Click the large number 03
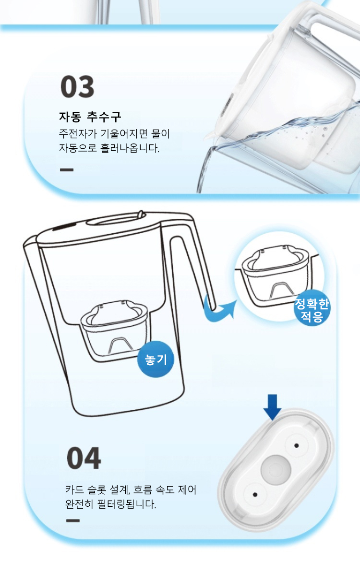tap(77, 87)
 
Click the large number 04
tap(84, 458)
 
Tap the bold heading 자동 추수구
tap(90, 117)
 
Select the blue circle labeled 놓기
tap(156, 359)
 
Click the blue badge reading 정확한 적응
tap(312, 310)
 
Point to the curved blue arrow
tap(219, 309)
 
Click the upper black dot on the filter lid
tap(297, 445)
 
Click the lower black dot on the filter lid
tap(255, 495)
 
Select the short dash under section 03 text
tap(67, 169)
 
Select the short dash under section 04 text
tap(73, 521)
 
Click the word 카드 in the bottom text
tap(74, 489)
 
